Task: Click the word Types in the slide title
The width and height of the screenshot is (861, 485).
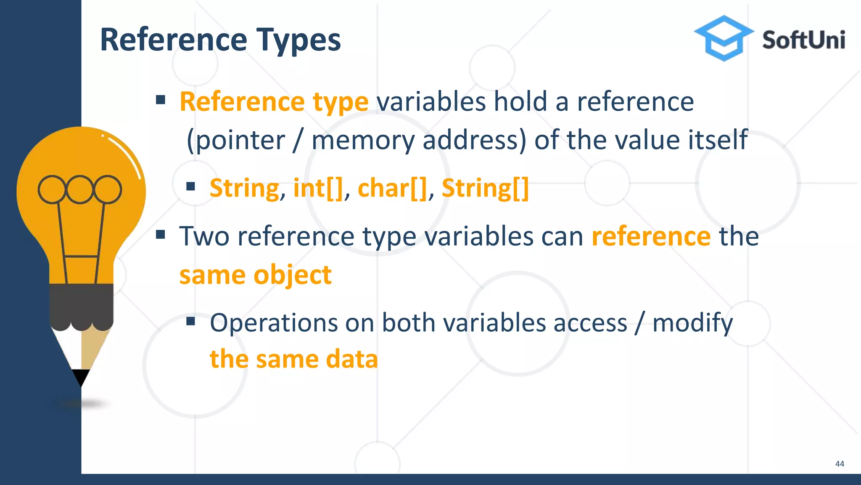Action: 298,40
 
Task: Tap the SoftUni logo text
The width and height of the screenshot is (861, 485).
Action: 803,40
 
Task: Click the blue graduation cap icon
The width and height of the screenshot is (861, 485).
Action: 724,38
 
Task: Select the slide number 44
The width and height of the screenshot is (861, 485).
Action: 839,464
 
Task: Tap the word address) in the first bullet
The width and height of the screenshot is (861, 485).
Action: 474,140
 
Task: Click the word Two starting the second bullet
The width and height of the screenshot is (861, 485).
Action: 204,236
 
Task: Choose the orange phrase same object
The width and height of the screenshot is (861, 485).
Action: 255,275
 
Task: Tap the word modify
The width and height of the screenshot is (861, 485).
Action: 692,323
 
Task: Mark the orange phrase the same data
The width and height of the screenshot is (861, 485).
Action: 293,359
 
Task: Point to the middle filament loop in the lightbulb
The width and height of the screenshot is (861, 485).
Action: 79,189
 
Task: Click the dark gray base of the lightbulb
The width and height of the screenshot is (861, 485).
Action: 81,305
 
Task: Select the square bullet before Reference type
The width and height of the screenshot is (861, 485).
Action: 160,100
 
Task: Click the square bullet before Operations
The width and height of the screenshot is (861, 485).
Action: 191,321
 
